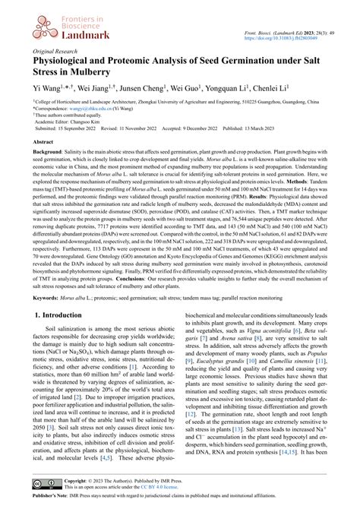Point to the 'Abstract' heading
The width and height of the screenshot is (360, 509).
click(x=43, y=142)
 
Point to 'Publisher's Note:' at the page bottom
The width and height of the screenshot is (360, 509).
click(x=52, y=500)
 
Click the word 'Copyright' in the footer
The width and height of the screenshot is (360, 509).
click(x=77, y=481)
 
